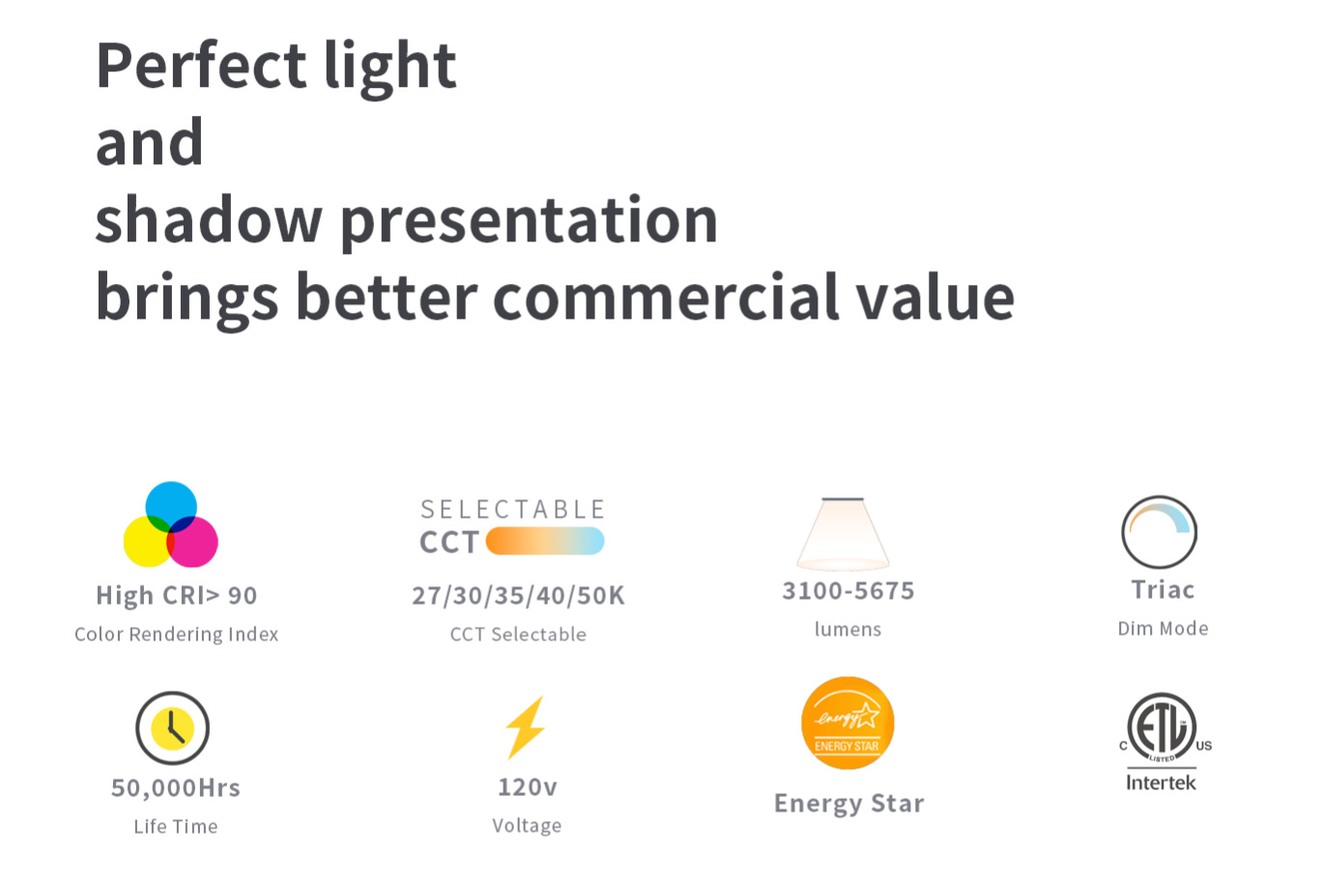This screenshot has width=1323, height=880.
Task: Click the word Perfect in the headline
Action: pyautogui.click(x=201, y=65)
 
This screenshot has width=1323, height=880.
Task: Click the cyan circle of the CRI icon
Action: pyautogui.click(x=171, y=506)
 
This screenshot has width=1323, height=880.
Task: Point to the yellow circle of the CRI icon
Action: pyautogui.click(x=148, y=542)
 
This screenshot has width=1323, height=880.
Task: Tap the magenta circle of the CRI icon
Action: pyautogui.click(x=193, y=542)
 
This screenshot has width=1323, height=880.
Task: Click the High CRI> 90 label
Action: pyautogui.click(x=177, y=595)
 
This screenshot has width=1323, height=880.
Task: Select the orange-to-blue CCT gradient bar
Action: pyautogui.click(x=544, y=541)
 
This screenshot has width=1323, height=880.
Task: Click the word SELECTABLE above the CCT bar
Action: pyautogui.click(x=512, y=509)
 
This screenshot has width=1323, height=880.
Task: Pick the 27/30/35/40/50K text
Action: pyautogui.click(x=518, y=595)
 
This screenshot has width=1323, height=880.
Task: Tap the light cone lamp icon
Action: pyautogui.click(x=843, y=534)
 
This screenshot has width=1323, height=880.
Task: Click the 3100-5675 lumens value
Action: pyautogui.click(x=848, y=591)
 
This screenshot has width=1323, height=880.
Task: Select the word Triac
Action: pyautogui.click(x=1163, y=589)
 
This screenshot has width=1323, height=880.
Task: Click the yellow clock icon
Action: pyautogui.click(x=172, y=728)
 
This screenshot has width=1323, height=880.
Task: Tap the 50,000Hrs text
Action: pyautogui.click(x=176, y=788)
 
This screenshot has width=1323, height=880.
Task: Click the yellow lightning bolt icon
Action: pyautogui.click(x=525, y=727)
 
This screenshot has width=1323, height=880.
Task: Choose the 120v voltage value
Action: pyautogui.click(x=528, y=786)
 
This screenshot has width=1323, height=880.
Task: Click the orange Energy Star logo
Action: pyautogui.click(x=848, y=723)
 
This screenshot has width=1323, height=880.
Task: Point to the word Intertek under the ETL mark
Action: pyautogui.click(x=1161, y=782)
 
